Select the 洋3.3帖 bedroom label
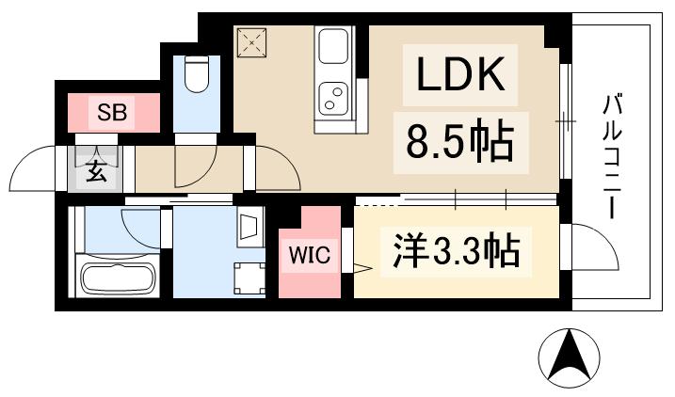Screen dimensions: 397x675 coord(451,251)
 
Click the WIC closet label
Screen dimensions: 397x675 coord(310,255)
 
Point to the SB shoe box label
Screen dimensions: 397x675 coord(113,115)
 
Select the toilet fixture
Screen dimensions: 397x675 coord(197,74)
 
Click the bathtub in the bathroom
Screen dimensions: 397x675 coord(117,278)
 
